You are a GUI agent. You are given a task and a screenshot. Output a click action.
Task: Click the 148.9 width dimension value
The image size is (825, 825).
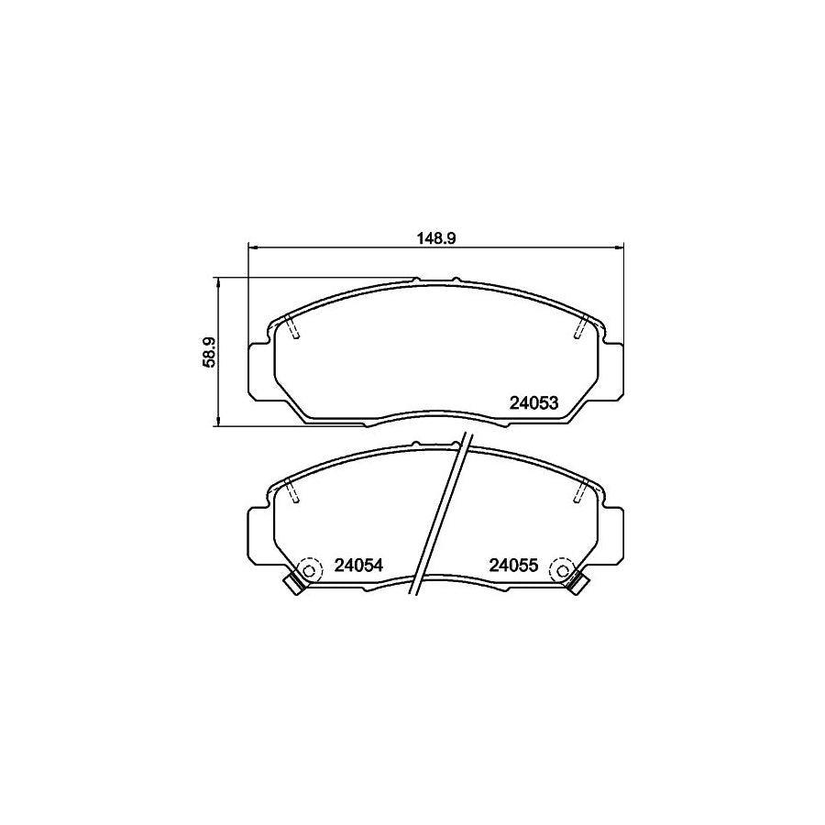coord(436,236)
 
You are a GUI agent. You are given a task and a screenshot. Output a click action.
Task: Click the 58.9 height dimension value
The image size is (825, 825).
coord(209,352)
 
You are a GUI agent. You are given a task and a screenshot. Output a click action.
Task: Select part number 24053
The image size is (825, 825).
coord(534,402)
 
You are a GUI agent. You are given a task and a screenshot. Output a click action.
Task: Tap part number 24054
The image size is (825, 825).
coord(357,566)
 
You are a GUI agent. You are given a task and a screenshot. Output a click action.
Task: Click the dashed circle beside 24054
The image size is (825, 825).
coord(309,570)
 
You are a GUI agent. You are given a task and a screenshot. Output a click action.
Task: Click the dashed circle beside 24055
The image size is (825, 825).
coord(559,570)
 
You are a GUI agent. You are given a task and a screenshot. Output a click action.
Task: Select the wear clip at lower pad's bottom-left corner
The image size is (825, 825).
coord(293,584)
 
